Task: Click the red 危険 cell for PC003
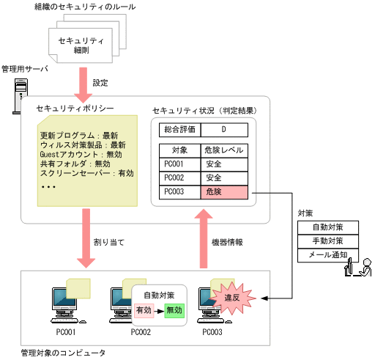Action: pyautogui.click(x=223, y=192)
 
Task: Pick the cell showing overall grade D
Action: pyautogui.click(x=223, y=130)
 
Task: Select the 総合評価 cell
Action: pyautogui.click(x=179, y=130)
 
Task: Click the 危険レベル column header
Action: pyautogui.click(x=223, y=150)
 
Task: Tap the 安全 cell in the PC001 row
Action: pyautogui.click(x=223, y=164)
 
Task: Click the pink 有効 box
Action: pyautogui.click(x=144, y=310)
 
